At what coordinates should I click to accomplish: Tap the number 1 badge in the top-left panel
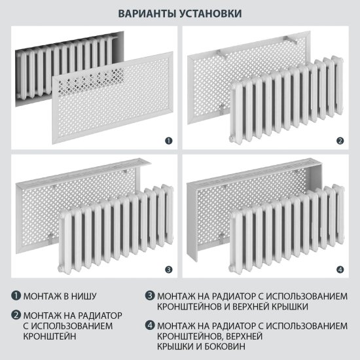pyautogui.click(x=168, y=139)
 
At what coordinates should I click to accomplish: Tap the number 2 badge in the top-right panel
pyautogui.click(x=340, y=139)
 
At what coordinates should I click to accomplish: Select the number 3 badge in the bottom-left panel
pyautogui.click(x=168, y=269)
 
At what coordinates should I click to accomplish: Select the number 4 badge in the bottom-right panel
pyautogui.click(x=340, y=269)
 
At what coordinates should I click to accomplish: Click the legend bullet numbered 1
pyautogui.click(x=14, y=295)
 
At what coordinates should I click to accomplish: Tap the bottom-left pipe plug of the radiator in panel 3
pyautogui.click(x=60, y=268)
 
